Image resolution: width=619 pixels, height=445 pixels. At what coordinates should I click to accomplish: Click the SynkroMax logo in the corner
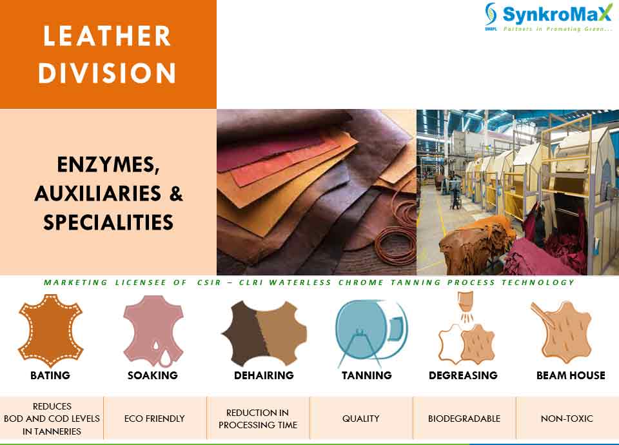[549, 17]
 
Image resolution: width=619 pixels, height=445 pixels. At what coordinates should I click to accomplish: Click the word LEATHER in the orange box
[107, 36]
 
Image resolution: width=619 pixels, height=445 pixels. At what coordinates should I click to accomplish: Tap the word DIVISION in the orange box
[107, 73]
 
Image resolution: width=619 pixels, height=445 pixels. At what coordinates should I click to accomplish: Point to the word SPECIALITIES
[108, 222]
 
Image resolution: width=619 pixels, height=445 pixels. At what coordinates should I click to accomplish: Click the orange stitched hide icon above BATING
[50, 331]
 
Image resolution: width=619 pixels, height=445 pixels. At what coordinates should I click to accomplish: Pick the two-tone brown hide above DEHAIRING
[264, 333]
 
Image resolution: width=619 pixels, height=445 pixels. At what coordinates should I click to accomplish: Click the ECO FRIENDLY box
[155, 418]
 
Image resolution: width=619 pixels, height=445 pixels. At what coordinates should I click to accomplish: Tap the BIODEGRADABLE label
[464, 419]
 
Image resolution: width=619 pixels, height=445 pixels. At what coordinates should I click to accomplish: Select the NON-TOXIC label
[567, 419]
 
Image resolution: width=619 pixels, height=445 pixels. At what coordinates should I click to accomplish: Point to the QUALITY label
[361, 419]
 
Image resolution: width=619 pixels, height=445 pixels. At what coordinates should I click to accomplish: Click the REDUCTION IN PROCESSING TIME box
[258, 418]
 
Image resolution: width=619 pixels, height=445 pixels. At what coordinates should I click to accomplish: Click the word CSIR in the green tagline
[209, 282]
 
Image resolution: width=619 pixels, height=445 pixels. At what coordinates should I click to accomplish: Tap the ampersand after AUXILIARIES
[176, 193]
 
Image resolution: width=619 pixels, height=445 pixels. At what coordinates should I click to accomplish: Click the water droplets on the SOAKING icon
[162, 354]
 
